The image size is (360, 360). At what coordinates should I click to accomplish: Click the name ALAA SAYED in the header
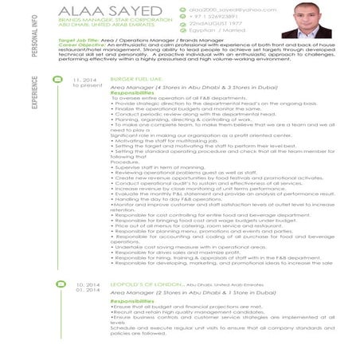pos(100,10)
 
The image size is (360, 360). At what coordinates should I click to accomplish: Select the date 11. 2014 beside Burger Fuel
pos(84,80)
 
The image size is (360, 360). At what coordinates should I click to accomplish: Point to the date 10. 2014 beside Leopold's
pos(84,284)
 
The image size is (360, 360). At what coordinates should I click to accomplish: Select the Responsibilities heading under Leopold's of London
pos(133,301)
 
